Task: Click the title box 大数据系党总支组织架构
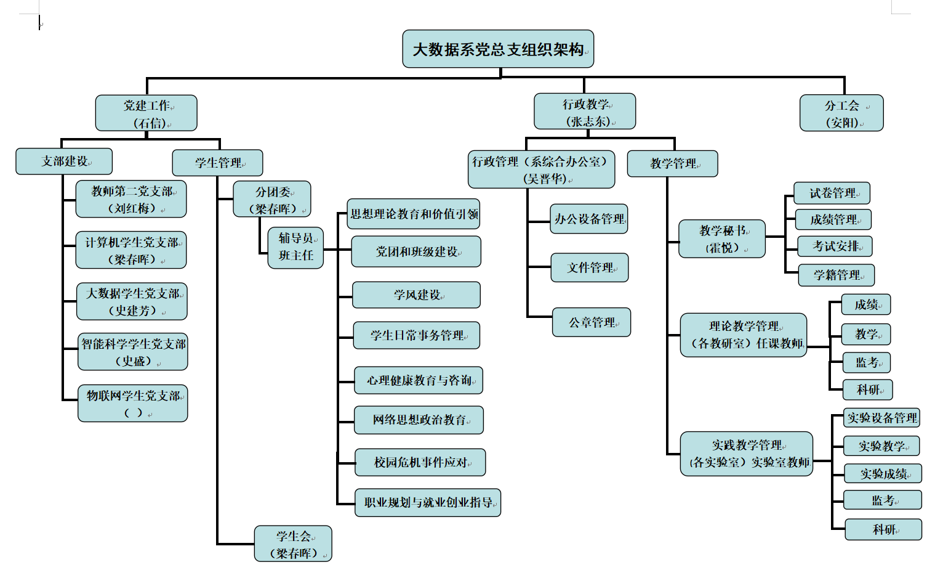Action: (x=498, y=49)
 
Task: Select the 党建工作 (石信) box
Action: (x=146, y=113)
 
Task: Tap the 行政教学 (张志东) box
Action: (x=585, y=112)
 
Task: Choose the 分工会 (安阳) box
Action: (x=841, y=113)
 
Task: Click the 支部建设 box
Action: (x=64, y=161)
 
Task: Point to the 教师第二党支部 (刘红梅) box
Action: (x=131, y=199)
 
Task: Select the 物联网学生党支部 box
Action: (x=133, y=404)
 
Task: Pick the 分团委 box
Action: (x=272, y=199)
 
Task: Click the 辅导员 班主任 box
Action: (x=296, y=247)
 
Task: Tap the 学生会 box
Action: (x=294, y=544)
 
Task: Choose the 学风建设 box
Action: (x=417, y=295)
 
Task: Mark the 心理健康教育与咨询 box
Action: (x=419, y=380)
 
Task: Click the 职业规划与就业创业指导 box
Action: (x=428, y=503)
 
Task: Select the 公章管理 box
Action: (x=592, y=322)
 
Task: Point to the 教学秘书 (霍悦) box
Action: (x=722, y=239)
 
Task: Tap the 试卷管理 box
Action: (x=832, y=193)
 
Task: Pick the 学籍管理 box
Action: (x=836, y=275)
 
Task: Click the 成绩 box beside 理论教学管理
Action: (x=867, y=304)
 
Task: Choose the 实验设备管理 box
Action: (x=882, y=418)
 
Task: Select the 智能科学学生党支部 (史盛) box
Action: (x=133, y=352)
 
